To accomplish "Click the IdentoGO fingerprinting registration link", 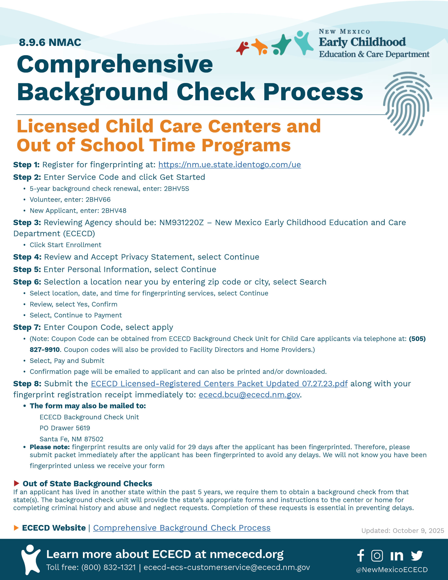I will pos(229,165).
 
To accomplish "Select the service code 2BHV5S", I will pos(176,188).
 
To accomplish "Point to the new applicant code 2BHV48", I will pos(114,211).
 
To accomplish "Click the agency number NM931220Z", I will pos(181,222).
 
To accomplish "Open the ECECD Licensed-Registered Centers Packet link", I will pos(219,384).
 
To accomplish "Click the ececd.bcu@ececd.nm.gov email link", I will pos(249,395).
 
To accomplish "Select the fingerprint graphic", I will pos(407,104).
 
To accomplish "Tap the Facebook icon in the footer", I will pos(360,555).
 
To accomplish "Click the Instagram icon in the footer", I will pos(377,556).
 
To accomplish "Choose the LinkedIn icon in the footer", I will pos(397,556).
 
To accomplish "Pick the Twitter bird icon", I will pos(417,556).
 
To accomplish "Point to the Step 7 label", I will pos(27,327).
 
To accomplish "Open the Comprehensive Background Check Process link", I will pos(182,528).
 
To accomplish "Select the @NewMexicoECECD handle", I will pos(392,570).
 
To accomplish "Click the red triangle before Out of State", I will pos(17,483).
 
